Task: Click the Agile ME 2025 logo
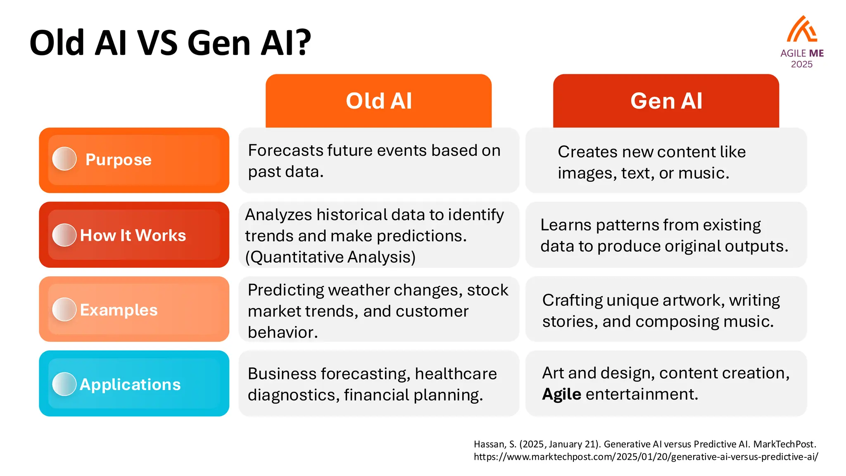coord(802,41)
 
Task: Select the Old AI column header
coord(378,101)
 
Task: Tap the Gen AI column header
coord(666,101)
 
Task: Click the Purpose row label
coord(118,160)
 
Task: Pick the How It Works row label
coord(133,236)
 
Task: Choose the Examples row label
coord(119,310)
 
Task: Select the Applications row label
coord(130,385)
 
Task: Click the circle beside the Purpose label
coord(64,159)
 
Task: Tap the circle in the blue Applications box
coord(64,384)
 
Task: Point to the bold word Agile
coord(561,395)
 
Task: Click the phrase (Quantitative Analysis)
coord(330,257)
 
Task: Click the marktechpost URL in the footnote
coord(646,457)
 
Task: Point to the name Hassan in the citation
coord(490,445)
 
